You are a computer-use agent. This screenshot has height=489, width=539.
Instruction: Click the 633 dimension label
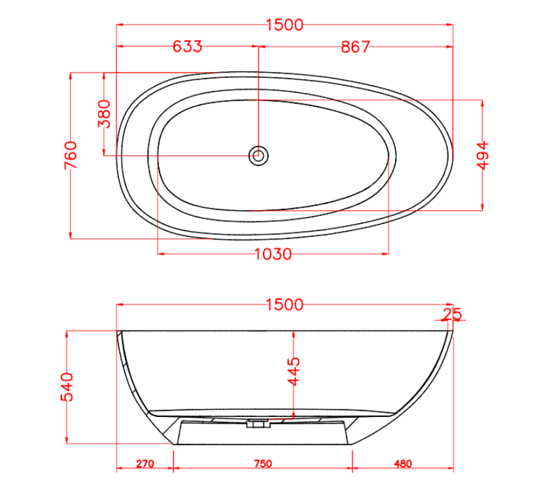[188, 46]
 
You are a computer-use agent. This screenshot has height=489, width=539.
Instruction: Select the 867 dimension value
[355, 46]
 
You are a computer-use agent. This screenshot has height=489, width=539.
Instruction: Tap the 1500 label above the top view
[285, 25]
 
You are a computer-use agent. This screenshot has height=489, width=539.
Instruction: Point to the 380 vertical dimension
[104, 114]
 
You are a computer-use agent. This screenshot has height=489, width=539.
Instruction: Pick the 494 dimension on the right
[483, 154]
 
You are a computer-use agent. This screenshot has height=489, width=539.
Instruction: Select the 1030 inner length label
[273, 254]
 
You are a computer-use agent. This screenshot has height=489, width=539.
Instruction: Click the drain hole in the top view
[258, 156]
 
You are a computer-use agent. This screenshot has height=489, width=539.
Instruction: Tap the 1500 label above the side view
[285, 304]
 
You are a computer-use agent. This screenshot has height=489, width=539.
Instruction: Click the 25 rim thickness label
[451, 314]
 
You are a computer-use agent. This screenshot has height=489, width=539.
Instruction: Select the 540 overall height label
[68, 386]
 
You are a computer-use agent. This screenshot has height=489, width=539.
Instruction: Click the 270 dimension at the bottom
[145, 464]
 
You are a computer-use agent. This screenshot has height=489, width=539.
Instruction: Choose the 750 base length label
[262, 464]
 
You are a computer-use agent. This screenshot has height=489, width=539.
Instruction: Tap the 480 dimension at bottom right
[403, 464]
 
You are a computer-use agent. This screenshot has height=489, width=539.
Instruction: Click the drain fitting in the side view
[257, 424]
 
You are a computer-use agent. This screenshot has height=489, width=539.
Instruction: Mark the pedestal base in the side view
[262, 433]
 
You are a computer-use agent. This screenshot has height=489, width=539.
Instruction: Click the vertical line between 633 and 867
[258, 98]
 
